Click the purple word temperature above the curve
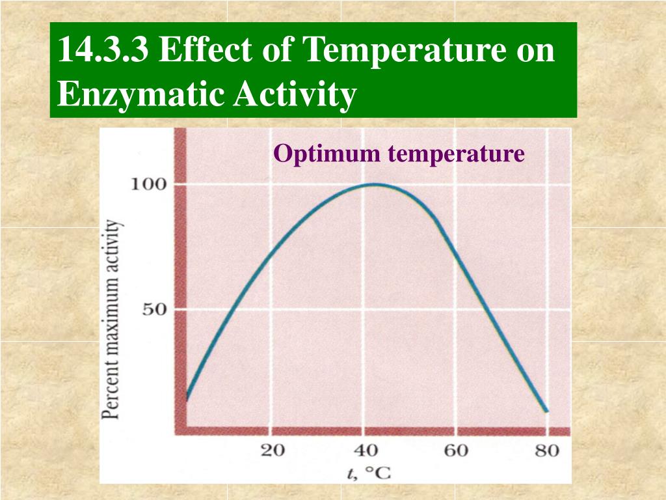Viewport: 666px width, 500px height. tap(457, 154)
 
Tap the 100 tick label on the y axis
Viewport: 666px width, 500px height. tap(149, 184)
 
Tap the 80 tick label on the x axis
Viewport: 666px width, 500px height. tap(547, 451)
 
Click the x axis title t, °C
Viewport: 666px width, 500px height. tap(369, 473)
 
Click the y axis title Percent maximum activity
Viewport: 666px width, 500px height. tap(111, 319)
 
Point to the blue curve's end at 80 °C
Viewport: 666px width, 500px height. tap(546, 411)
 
